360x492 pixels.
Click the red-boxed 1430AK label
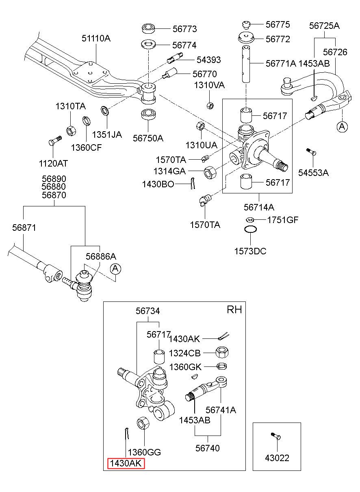pyautogui.click(x=126, y=464)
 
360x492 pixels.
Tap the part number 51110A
pyautogui.click(x=96, y=39)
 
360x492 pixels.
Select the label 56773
pyautogui.click(x=184, y=29)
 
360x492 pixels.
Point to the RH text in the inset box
pyautogui.click(x=234, y=310)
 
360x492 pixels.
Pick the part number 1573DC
pyautogui.click(x=250, y=251)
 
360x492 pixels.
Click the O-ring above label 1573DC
pyautogui.click(x=250, y=229)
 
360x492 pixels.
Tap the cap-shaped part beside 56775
pyautogui.click(x=246, y=24)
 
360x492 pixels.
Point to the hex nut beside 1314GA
pyautogui.click(x=210, y=172)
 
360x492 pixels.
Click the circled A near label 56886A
pyautogui.click(x=115, y=269)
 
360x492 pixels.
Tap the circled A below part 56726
pyautogui.click(x=342, y=126)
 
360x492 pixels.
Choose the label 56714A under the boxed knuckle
pyautogui.click(x=259, y=207)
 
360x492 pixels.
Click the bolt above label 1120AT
pyautogui.click(x=55, y=140)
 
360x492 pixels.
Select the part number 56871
pyautogui.click(x=24, y=228)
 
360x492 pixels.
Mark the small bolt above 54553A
pyautogui.click(x=311, y=152)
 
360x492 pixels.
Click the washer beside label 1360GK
pyautogui.click(x=222, y=366)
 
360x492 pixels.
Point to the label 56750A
pyautogui.click(x=148, y=138)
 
